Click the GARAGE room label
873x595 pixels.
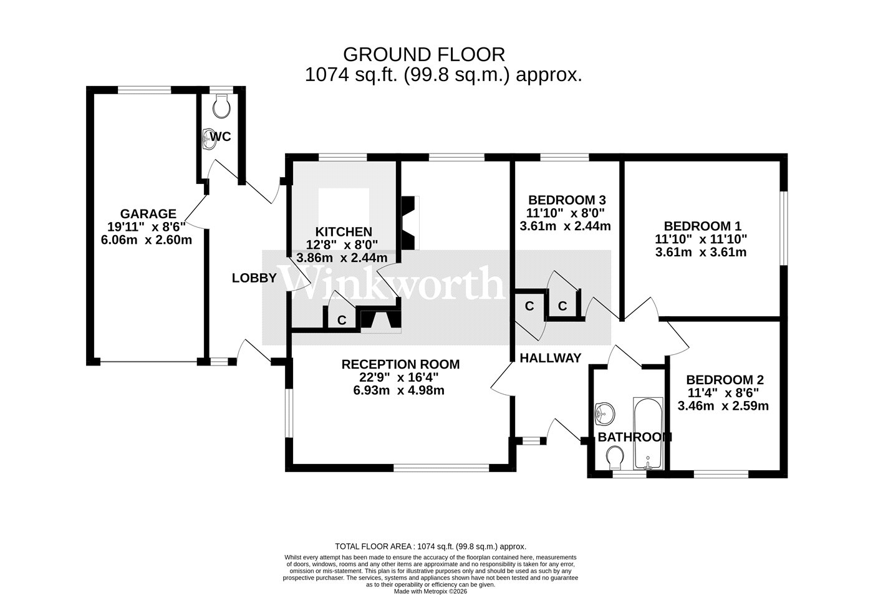tap(148, 214)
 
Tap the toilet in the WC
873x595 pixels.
tap(221, 107)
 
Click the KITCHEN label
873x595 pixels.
tap(343, 231)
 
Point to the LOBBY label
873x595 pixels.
tap(254, 278)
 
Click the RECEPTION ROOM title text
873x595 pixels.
tap(400, 364)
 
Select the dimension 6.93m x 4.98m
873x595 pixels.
tap(400, 390)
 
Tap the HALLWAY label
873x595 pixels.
tap(550, 358)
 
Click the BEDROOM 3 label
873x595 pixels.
tap(567, 200)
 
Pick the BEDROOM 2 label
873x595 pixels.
tap(725, 380)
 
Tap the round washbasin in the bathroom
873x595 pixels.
tap(604, 412)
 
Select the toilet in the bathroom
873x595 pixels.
tap(615, 457)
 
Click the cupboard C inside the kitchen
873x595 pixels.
tap(342, 320)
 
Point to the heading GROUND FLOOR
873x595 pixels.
tap(424, 54)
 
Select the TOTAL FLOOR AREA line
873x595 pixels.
tap(431, 546)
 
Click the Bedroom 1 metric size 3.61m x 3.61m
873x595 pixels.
tap(701, 252)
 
